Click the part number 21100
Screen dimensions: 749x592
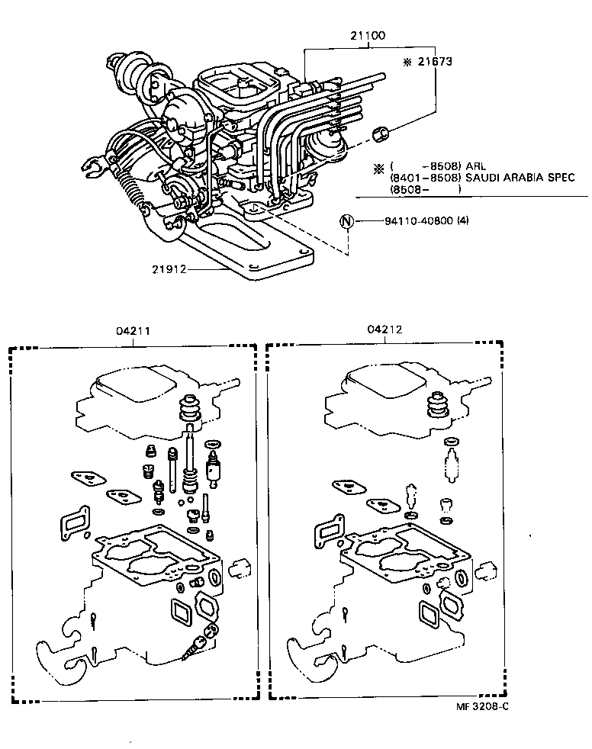(x=368, y=35)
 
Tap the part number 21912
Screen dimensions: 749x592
(x=169, y=268)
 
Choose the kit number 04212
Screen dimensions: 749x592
(x=384, y=330)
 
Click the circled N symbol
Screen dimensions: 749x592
(x=347, y=222)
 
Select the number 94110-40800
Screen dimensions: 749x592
(x=417, y=222)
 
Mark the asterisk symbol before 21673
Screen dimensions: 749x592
(x=407, y=61)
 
